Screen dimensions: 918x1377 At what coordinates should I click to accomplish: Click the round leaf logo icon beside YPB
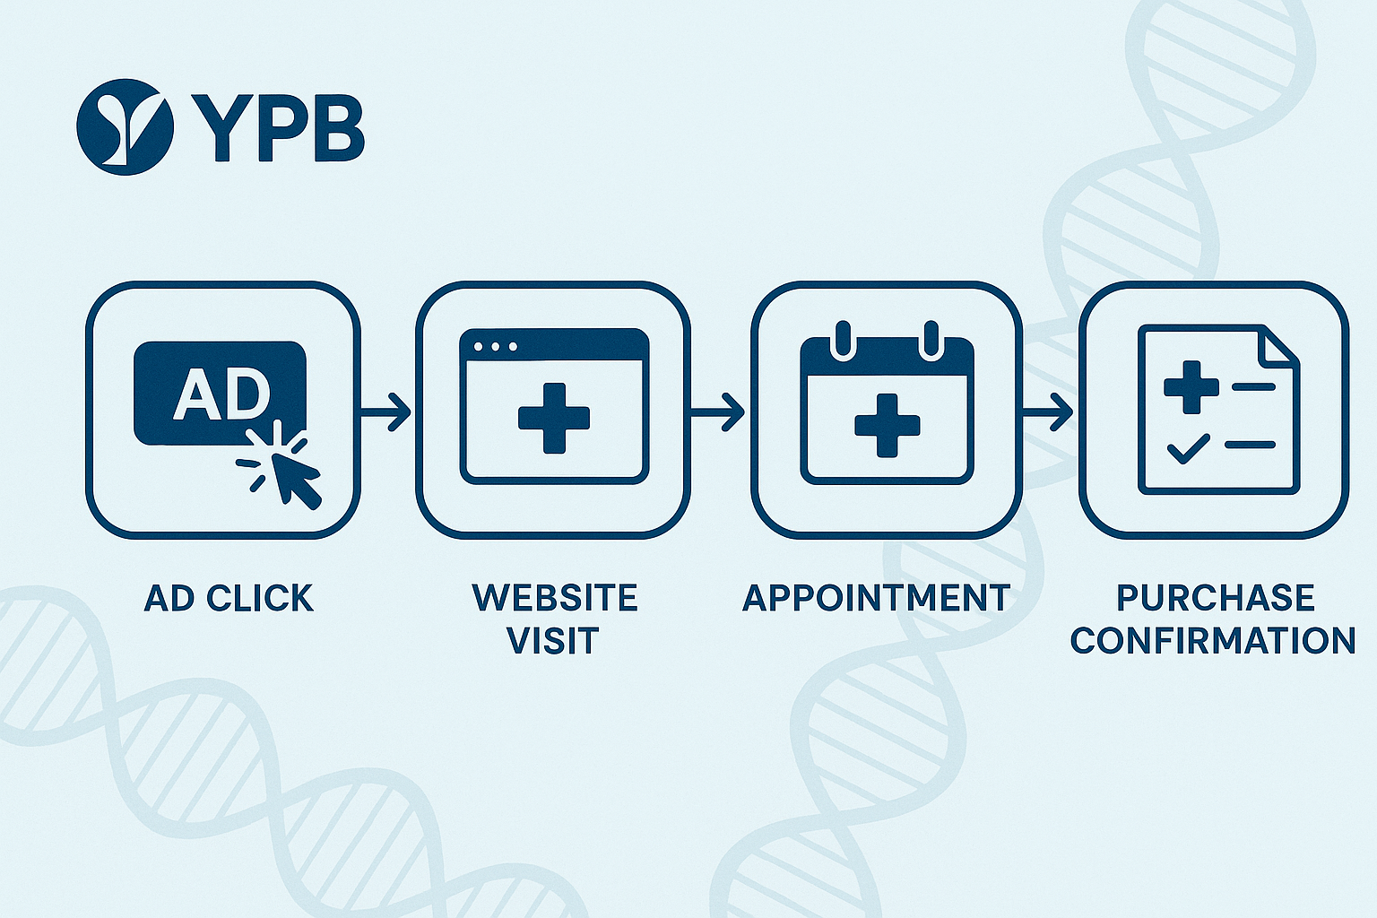125,126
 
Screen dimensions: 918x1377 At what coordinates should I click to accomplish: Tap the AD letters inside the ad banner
221,394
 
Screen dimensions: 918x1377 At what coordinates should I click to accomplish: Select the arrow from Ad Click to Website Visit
385,412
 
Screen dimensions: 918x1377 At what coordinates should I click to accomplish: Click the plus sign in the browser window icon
554,418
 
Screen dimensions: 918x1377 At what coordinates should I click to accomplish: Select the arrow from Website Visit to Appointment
718,412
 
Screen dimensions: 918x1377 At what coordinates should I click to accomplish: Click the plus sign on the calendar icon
887,424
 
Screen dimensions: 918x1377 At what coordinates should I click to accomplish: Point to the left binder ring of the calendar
842,341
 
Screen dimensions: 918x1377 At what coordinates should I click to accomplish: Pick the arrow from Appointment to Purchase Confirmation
1048,412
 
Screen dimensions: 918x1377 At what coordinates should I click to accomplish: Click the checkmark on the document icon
1188,447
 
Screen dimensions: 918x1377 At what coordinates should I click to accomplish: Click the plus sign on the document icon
1191,386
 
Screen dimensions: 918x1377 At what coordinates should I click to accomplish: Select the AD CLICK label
229,598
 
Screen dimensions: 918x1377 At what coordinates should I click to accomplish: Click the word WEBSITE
554,598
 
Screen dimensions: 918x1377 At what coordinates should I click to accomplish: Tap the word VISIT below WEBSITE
552,641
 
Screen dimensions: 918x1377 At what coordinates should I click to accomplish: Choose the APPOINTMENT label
876,598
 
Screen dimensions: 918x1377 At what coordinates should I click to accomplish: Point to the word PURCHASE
1215,598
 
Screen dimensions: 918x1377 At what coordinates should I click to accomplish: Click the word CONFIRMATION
1213,641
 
